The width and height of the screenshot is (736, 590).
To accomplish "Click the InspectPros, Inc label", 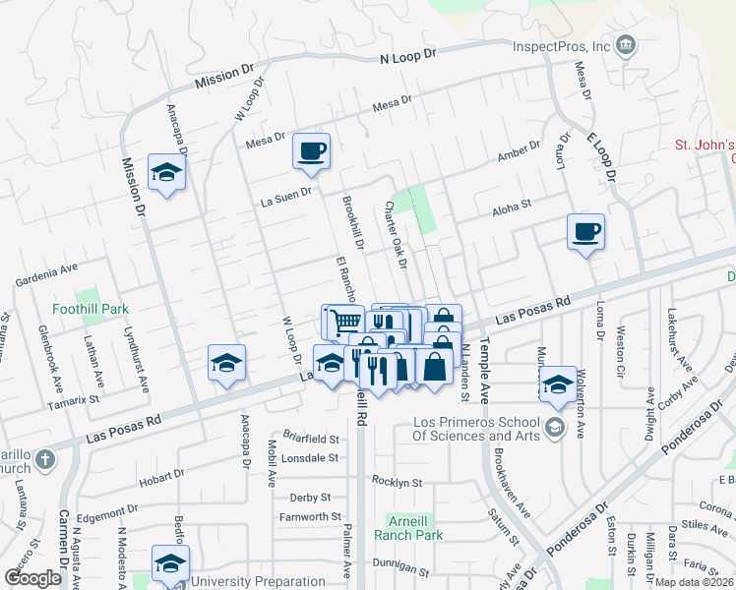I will [x=561, y=46].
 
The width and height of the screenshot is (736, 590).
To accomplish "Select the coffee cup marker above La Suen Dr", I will [x=312, y=151].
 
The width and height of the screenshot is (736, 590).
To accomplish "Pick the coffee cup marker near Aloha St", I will [x=585, y=232].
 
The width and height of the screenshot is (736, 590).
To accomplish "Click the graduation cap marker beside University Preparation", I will [x=169, y=564].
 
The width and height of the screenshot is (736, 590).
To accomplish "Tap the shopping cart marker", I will [x=343, y=321].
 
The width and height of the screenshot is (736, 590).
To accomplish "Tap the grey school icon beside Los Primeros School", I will [x=555, y=427].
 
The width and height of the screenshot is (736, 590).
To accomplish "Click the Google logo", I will [x=32, y=578].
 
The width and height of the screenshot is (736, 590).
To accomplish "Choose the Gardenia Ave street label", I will [x=45, y=274].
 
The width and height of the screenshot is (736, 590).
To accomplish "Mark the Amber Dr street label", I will [x=519, y=151].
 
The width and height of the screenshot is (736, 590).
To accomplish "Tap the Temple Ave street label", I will [x=483, y=375].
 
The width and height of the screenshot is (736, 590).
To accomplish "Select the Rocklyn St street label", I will [x=397, y=483].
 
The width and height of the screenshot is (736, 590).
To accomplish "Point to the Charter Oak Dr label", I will [x=396, y=235].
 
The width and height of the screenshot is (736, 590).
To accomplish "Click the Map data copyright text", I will [x=693, y=582].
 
